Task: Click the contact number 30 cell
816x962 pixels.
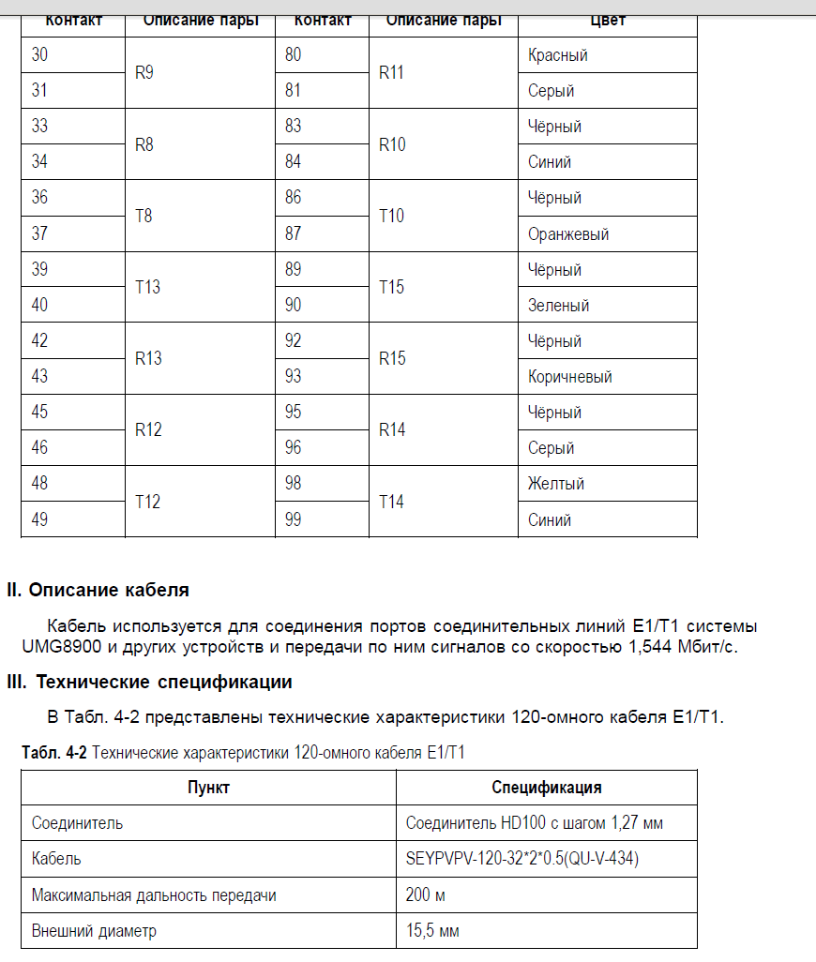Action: [x=40, y=55]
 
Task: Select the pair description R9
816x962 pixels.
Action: [x=144, y=73]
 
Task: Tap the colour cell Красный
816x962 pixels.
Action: [x=558, y=55]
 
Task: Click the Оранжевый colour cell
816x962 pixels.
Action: [x=568, y=234]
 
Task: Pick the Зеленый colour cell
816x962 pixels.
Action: [x=558, y=306]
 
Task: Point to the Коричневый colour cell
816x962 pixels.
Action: [x=570, y=377]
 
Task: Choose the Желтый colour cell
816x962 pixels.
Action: [x=556, y=484]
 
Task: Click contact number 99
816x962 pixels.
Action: [x=294, y=519]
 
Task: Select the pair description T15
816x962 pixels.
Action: [x=391, y=287]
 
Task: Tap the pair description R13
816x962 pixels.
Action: [x=148, y=358]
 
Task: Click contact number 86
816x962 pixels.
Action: [x=294, y=198]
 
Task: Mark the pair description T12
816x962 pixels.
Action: [x=148, y=502]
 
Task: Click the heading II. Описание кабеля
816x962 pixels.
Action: [x=98, y=591]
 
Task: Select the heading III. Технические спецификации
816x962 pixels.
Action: [x=150, y=682]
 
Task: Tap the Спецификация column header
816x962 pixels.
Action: [x=547, y=788]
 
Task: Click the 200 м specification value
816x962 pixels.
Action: [x=426, y=895]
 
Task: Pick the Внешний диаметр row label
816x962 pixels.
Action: [x=94, y=931]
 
